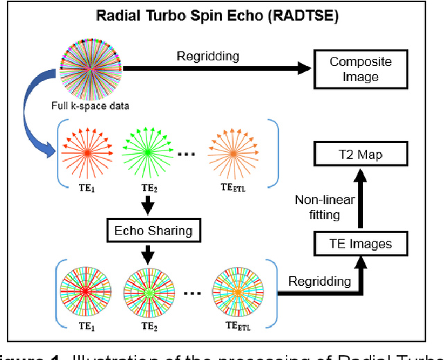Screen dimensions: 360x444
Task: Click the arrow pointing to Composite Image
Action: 222,67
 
